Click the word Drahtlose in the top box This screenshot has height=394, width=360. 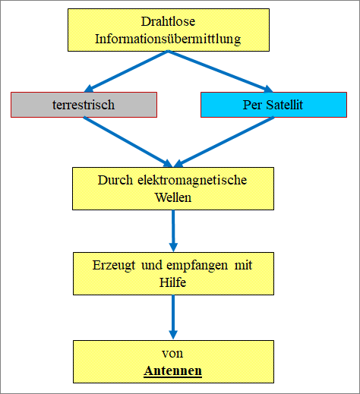(x=168, y=21)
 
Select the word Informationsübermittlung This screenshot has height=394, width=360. (x=168, y=39)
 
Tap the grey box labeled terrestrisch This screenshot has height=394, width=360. (x=84, y=105)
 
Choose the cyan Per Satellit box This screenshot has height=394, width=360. (x=273, y=105)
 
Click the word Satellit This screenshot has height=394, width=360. (x=284, y=105)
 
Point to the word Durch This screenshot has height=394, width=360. (x=115, y=180)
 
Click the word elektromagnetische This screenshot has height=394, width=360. (x=192, y=181)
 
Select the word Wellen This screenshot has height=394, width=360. (x=173, y=197)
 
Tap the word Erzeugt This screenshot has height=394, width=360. (x=114, y=266)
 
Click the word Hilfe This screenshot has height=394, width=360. (x=172, y=282)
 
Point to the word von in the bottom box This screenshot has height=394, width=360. (x=172, y=354)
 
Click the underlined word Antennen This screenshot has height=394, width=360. (x=172, y=371)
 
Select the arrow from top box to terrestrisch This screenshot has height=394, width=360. (x=126, y=71)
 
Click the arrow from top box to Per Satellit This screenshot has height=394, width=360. (x=220, y=71)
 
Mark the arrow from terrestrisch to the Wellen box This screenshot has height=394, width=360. (x=128, y=142)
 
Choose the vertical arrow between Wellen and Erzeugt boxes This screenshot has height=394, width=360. (x=173, y=231)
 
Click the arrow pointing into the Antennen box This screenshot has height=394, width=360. (x=173, y=317)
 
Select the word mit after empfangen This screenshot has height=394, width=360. (x=243, y=265)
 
